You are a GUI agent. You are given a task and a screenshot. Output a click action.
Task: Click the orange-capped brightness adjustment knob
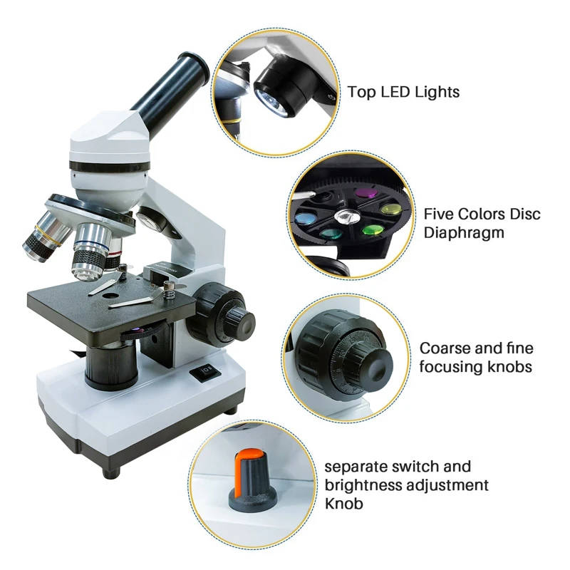[252, 478]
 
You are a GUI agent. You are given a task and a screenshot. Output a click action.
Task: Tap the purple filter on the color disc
[366, 192]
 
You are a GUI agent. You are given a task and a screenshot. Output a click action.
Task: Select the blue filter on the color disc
[306, 218]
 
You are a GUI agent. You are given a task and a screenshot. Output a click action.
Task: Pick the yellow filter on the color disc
[391, 209]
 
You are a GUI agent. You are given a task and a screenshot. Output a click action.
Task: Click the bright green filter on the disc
[373, 229]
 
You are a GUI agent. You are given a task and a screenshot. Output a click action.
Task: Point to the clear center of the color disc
[347, 217]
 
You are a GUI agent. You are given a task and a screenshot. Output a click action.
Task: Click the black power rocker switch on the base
[205, 373]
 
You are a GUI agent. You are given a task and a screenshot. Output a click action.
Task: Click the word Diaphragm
[464, 234]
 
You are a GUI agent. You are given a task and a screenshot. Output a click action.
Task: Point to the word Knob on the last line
[344, 504]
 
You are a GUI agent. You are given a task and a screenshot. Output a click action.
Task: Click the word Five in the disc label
[439, 214]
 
